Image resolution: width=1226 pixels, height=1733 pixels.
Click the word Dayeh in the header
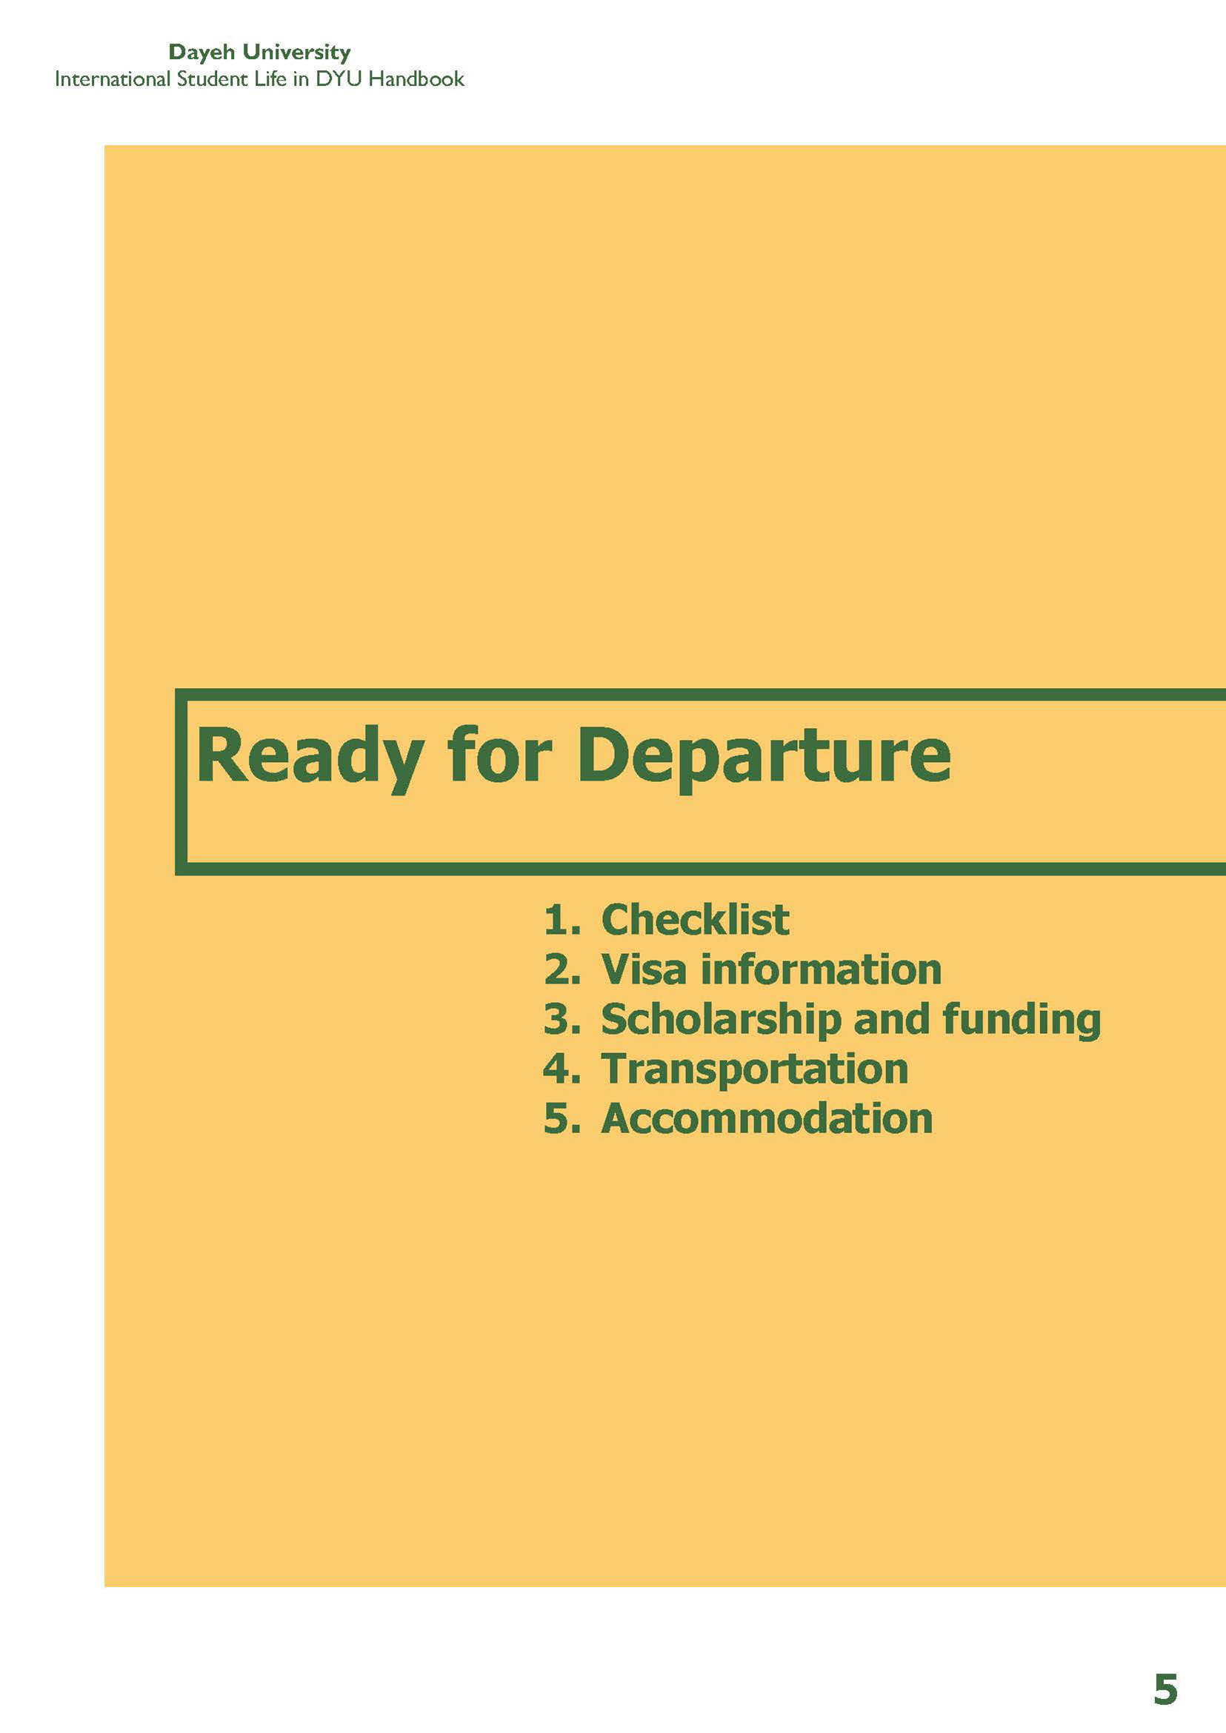tap(202, 53)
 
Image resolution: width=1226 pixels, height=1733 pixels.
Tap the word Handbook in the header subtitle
tap(416, 79)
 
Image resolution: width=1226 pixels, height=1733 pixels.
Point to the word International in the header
tap(113, 79)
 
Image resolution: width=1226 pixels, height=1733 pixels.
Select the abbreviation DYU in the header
tap(339, 79)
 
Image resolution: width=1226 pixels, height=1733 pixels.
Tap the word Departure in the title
tap(764, 757)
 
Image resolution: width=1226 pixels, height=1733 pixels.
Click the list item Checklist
tap(696, 918)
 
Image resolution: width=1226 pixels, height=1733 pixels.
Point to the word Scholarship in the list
tap(721, 1021)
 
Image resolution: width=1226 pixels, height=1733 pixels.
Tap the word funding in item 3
tap(1022, 1021)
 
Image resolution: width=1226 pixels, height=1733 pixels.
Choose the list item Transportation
tap(754, 1070)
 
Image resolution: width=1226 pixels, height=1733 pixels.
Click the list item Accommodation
tap(767, 1118)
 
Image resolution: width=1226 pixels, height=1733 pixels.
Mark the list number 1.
tap(562, 919)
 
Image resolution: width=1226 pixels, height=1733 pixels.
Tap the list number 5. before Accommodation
tap(562, 1118)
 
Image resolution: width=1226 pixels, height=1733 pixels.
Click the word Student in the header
tap(205, 79)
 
